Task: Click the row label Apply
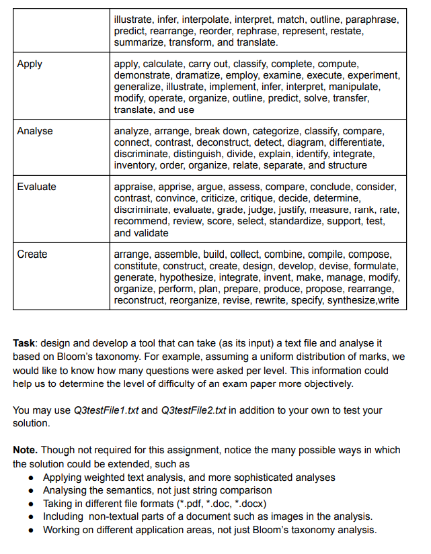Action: pos(30,64)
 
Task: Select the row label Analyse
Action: pos(35,130)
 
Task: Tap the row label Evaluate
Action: pos(37,186)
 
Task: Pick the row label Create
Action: pos(32,254)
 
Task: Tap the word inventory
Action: pos(136,165)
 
